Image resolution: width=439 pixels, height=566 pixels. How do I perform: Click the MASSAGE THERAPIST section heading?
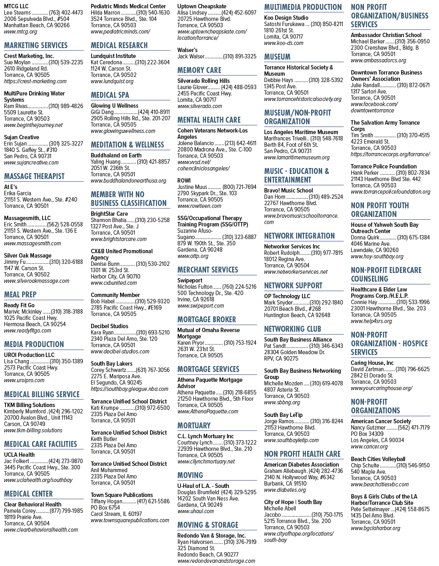coord(34,176)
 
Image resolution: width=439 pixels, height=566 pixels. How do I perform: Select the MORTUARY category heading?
coord(194,425)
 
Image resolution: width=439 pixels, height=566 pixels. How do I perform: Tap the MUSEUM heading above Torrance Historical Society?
coord(277,57)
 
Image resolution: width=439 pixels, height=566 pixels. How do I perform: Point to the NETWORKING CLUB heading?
coord(293,329)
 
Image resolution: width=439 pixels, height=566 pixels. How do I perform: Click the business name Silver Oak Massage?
coord(28,256)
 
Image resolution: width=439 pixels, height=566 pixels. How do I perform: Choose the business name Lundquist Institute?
coord(113,56)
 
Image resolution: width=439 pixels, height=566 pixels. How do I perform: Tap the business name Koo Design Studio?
coord(286,18)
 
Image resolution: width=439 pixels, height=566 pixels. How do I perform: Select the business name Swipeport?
coord(190,280)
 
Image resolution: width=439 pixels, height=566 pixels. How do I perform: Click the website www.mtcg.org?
coord(21,32)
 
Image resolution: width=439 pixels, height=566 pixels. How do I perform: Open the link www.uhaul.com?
coord(195,511)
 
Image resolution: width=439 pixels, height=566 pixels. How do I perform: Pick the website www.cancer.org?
coord(369,446)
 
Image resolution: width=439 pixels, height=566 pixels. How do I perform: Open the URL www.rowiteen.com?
coord(199,206)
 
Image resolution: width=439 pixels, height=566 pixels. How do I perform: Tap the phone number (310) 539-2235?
coord(66,62)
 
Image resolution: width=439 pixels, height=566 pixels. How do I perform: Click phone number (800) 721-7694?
coord(239,187)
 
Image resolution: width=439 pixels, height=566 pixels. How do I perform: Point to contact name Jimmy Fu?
coord(15,262)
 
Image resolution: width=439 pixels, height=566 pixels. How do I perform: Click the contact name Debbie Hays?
coord(278,80)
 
